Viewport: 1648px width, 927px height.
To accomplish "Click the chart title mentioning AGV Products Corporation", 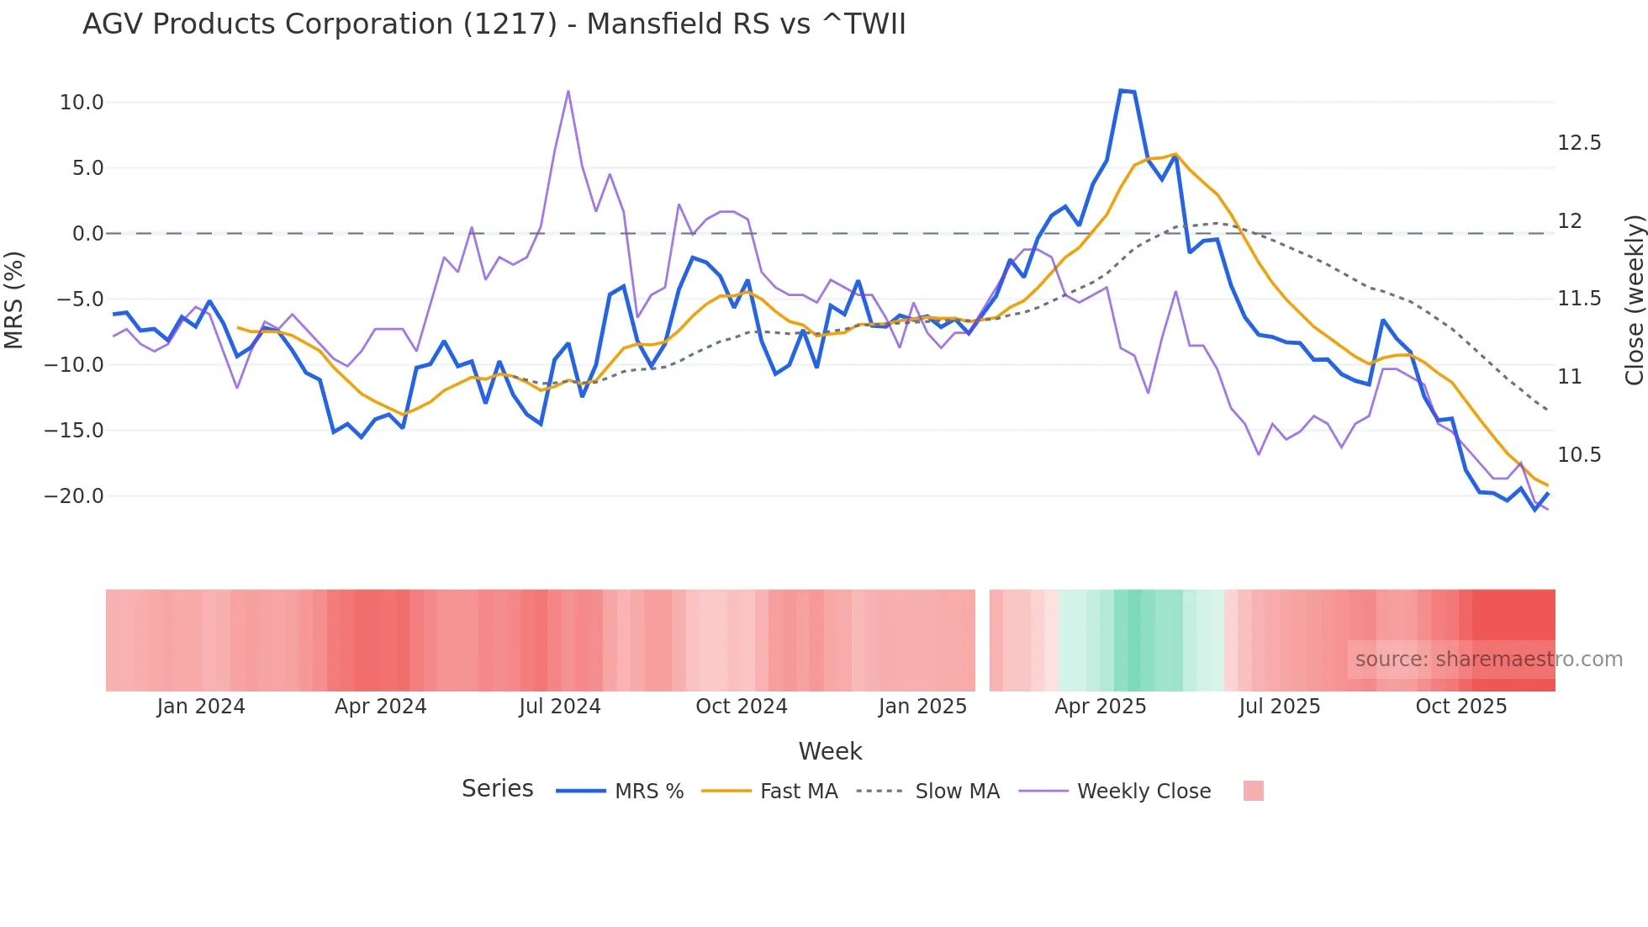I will [494, 24].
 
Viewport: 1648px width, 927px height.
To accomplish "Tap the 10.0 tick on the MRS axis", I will [82, 103].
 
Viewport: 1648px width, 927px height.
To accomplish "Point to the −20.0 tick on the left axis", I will [75, 496].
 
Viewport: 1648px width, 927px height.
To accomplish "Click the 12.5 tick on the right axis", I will [1579, 143].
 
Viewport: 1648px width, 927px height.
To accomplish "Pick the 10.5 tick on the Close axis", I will [1579, 455].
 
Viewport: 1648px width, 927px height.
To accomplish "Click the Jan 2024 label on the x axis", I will [201, 707].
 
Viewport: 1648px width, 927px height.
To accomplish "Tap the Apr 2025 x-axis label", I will [1100, 707].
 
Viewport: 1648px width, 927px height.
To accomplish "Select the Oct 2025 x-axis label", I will [1460, 707].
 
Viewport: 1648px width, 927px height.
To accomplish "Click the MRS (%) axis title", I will [13, 299].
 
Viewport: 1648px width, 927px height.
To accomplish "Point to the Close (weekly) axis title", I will [1634, 299].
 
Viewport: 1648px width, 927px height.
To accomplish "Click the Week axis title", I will [830, 751].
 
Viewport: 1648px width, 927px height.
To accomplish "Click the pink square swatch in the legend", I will [1253, 791].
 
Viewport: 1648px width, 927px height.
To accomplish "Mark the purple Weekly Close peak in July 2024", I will [568, 91].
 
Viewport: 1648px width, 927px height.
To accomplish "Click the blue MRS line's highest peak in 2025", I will [1121, 90].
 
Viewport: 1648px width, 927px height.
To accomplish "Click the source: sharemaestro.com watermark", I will [1488, 659].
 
